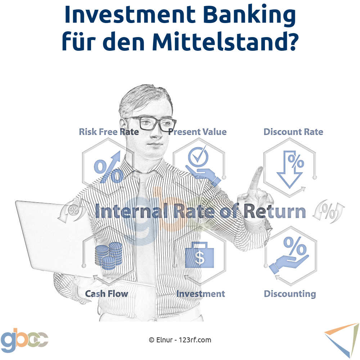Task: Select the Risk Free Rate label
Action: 109,132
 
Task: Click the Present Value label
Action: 197,132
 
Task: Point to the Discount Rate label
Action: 293,132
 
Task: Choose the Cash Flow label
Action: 107,294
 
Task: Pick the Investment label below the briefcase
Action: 201,294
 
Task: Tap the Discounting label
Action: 290,294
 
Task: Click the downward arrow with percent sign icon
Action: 290,169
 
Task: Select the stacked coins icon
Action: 109,256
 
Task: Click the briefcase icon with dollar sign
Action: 199,255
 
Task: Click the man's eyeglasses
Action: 150,123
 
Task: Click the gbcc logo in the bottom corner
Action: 24,339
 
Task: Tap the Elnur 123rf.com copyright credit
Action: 180,340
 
